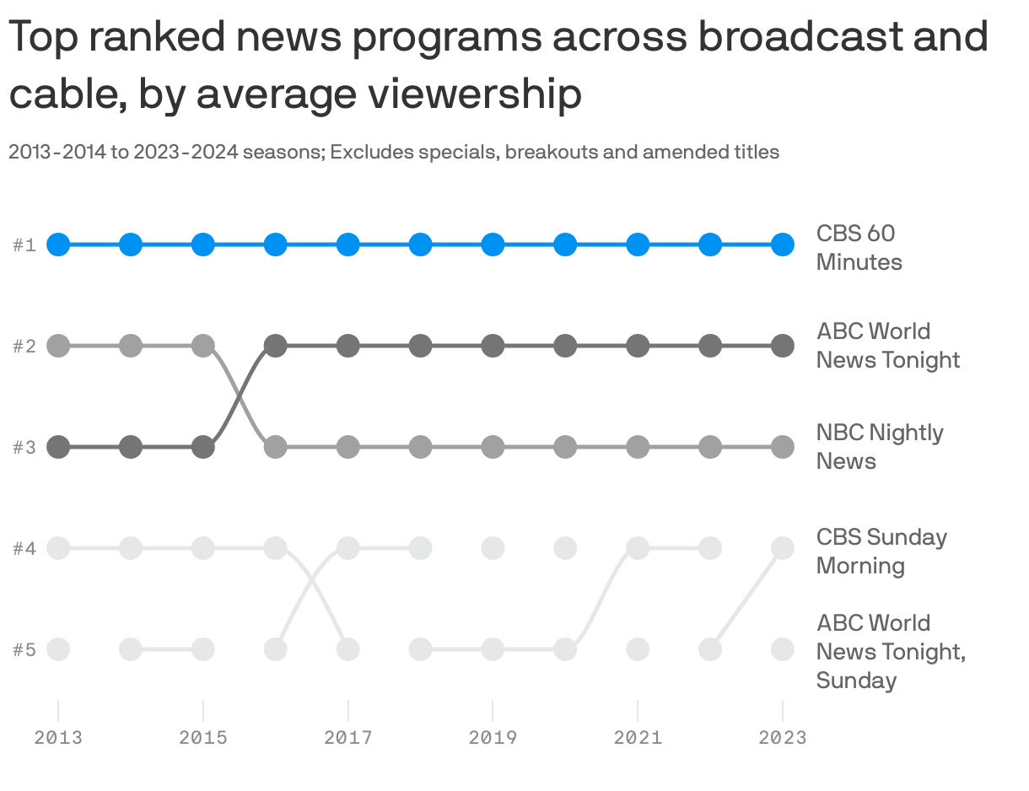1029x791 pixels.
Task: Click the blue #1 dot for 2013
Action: [x=57, y=245]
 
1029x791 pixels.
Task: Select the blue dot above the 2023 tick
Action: [x=783, y=245]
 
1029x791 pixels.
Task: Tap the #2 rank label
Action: [x=24, y=346]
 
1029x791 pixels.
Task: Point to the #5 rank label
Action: [x=24, y=649]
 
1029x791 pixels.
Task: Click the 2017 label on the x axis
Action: [x=348, y=738]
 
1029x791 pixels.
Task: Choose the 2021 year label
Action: [x=638, y=738]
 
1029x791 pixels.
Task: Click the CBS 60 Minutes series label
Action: [x=859, y=247]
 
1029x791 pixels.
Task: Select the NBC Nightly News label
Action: [x=879, y=446]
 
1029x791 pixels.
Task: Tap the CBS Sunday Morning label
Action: [x=881, y=551]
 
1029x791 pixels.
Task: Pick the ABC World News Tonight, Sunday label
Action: [x=890, y=651]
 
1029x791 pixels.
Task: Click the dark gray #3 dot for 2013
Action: [x=57, y=447]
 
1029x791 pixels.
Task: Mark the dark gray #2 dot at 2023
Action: [x=783, y=346]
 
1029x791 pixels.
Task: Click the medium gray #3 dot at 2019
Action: [x=493, y=447]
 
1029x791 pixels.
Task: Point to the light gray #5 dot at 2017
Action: [x=348, y=649]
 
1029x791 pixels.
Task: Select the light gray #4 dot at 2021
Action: [x=638, y=548]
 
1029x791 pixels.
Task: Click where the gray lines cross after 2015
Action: [x=240, y=396]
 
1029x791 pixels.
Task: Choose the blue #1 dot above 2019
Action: [x=493, y=245]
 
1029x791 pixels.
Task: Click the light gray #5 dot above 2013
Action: [x=57, y=649]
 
